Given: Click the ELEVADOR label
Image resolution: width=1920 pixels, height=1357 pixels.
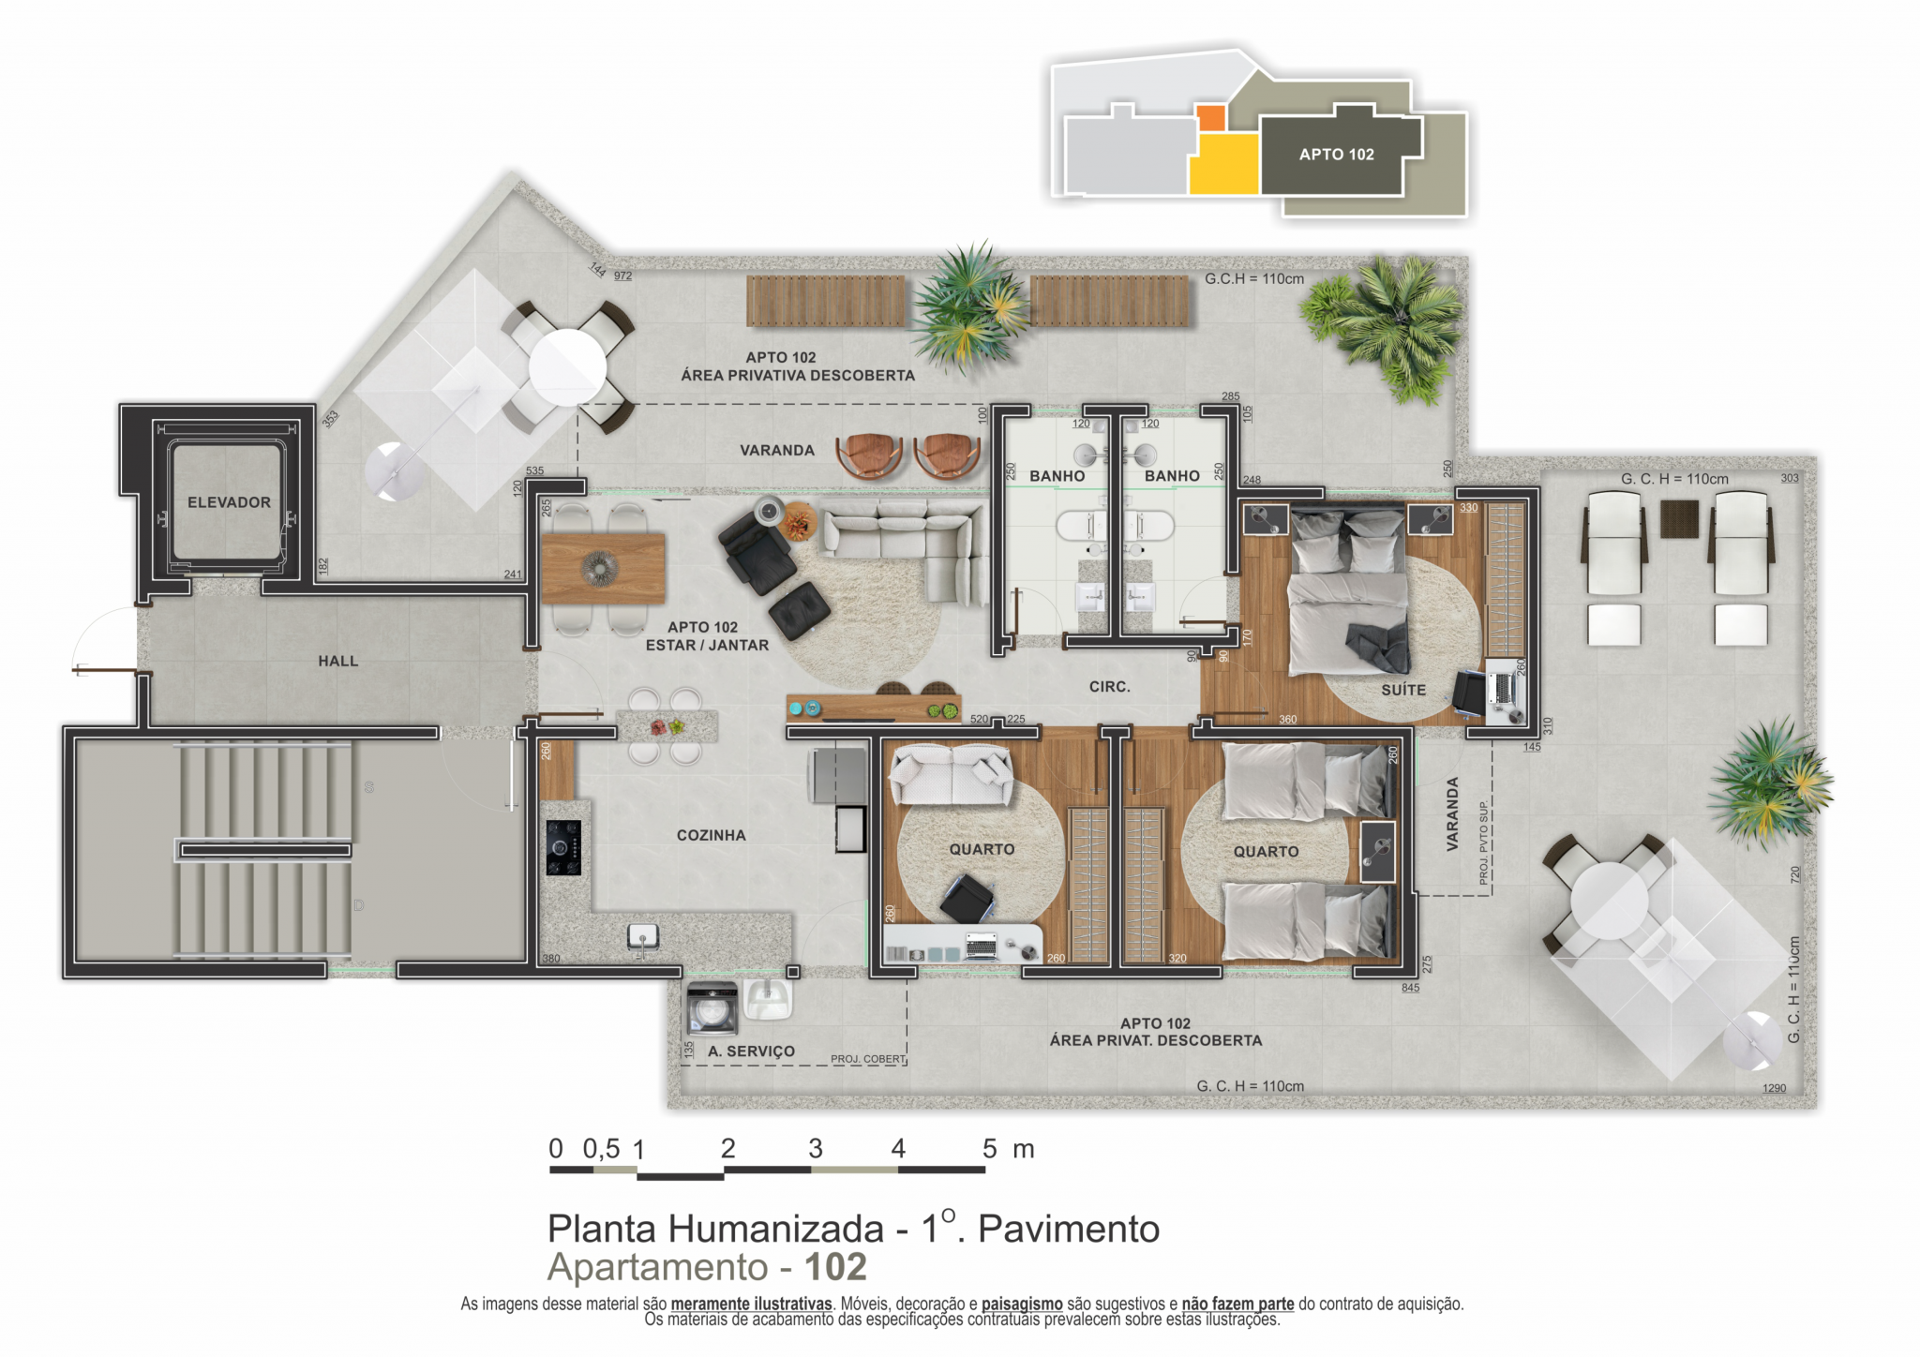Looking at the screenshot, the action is tap(229, 502).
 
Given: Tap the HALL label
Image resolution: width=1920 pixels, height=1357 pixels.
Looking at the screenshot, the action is tap(338, 661).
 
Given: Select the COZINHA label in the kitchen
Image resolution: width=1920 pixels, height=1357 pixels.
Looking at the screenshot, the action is tap(712, 835).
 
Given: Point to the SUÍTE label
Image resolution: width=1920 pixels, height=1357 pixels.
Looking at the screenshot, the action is tap(1403, 690).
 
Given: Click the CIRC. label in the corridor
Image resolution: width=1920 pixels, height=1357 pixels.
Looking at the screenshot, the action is tap(1110, 687).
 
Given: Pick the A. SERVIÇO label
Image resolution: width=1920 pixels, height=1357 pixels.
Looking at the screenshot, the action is tap(751, 1051).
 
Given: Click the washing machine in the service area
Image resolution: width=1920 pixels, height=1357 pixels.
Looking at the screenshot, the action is tap(712, 1008).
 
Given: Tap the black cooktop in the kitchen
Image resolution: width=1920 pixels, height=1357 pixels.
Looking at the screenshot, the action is tap(563, 847).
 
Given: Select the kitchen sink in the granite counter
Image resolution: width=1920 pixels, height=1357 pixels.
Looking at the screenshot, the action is tap(643, 936).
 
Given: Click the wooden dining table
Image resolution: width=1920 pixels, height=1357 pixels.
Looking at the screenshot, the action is tap(603, 568).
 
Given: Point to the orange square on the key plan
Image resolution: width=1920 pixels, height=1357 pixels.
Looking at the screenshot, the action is tap(1211, 118).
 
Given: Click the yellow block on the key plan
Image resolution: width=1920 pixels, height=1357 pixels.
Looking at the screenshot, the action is tap(1224, 163).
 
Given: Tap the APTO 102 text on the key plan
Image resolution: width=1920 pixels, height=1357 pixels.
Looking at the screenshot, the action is tap(1337, 155).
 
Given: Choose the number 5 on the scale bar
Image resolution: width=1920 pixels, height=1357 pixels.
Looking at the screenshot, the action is tap(990, 1148).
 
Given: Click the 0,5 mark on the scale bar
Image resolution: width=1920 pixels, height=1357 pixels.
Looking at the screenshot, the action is tap(601, 1149).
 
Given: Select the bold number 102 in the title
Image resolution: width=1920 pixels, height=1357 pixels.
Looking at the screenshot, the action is tap(836, 1267).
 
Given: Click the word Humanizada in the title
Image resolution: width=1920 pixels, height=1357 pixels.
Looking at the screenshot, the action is tap(776, 1229).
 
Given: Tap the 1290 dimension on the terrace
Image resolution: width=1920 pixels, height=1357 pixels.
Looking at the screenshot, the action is tap(1774, 1088).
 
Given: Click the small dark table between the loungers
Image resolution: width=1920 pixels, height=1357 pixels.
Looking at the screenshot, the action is tap(1679, 518).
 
